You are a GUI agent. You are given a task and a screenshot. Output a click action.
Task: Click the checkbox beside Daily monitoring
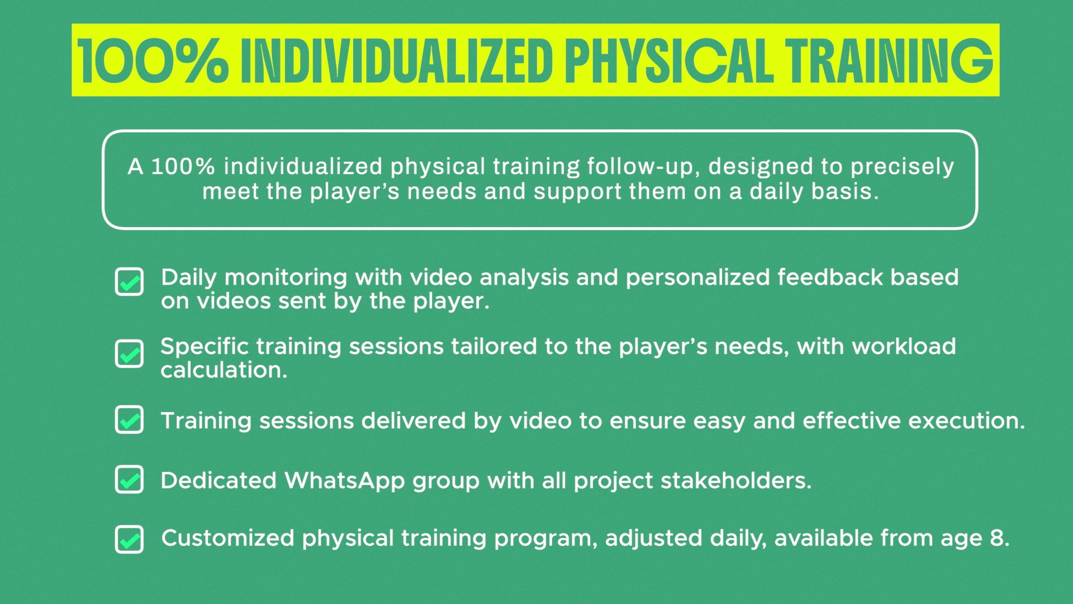click(x=129, y=281)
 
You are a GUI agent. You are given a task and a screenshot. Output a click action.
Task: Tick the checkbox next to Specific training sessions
click(x=129, y=353)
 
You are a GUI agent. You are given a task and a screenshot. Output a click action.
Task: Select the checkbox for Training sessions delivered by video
click(x=129, y=419)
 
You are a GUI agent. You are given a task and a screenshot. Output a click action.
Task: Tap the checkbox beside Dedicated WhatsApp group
click(x=129, y=479)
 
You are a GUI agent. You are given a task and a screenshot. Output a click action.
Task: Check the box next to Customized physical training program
click(x=129, y=539)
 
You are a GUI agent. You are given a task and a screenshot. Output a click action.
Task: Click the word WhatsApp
click(x=344, y=481)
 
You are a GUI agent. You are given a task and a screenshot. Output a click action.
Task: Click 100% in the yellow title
click(x=153, y=61)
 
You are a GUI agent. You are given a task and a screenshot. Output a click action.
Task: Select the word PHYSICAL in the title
click(x=669, y=61)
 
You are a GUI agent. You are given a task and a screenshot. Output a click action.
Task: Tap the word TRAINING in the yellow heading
click(x=889, y=61)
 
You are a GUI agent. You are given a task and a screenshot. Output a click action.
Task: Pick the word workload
click(x=904, y=346)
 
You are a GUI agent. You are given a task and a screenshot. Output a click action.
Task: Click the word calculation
click(x=224, y=370)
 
